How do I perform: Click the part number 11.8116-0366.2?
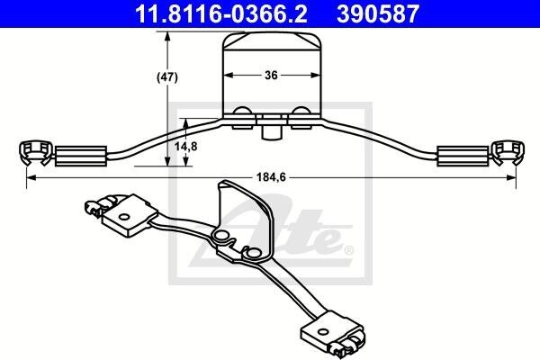tap(221, 13)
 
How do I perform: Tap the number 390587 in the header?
tap(378, 13)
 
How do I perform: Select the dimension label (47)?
tap(167, 77)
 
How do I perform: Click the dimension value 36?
tap(272, 75)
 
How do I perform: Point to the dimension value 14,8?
tap(186, 147)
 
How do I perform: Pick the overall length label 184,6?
tap(271, 177)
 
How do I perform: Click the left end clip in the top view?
tap(35, 153)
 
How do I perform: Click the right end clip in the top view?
tap(508, 153)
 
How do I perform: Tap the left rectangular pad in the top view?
tap(81, 156)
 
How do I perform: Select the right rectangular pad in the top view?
tap(463, 156)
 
